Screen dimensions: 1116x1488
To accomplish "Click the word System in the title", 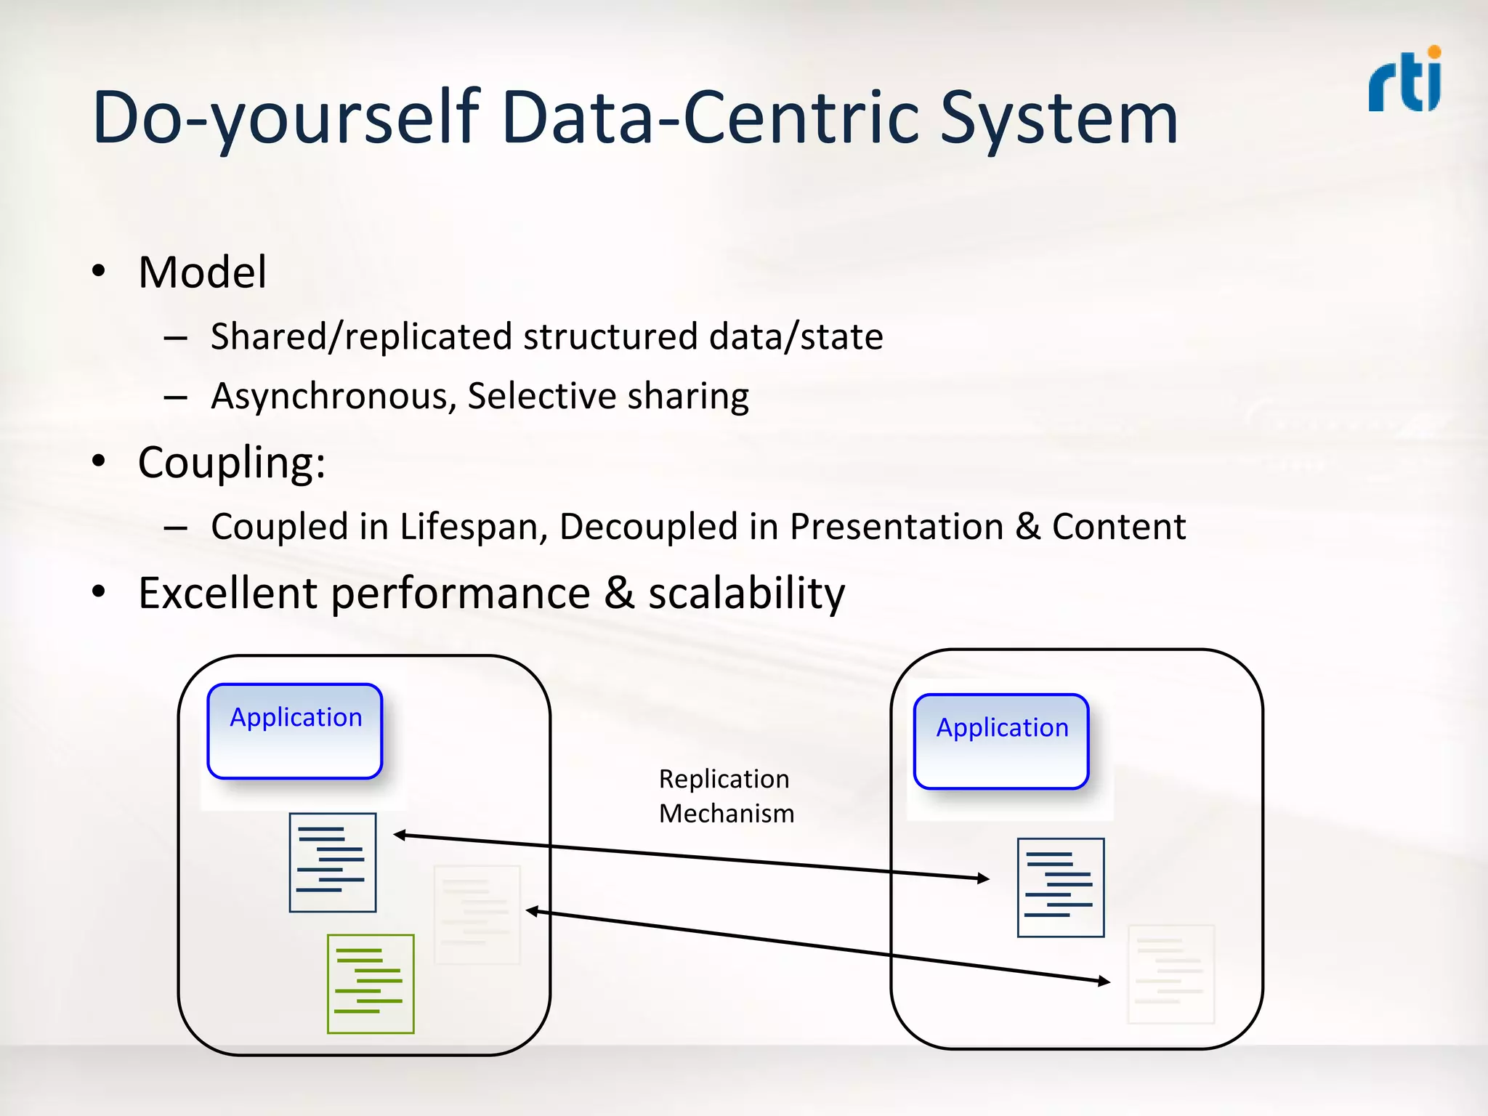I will [1059, 118].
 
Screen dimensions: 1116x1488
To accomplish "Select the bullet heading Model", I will [202, 272].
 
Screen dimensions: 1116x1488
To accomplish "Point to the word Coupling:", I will [232, 462].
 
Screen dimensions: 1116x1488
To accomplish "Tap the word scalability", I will [746, 593].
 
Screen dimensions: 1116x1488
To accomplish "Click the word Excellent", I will [228, 593].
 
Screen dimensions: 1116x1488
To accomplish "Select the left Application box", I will [295, 731].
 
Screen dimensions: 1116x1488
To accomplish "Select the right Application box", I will [1001, 741].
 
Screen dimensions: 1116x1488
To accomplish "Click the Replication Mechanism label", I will [726, 796].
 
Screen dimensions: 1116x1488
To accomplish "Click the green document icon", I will [371, 984].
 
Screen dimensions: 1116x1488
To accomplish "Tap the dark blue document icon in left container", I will [333, 862].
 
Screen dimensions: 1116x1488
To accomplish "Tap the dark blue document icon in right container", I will [1061, 887].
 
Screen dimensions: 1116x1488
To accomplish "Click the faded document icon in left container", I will [477, 915].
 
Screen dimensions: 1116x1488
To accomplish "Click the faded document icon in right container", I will [1170, 974].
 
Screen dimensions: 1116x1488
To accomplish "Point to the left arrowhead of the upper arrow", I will [399, 835].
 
